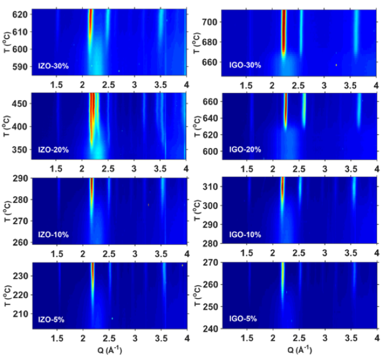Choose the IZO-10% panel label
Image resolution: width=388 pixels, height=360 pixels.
pos(53,234)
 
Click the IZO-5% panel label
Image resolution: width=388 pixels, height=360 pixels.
pos(51,319)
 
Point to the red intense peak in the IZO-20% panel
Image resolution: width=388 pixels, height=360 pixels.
pos(93,118)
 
